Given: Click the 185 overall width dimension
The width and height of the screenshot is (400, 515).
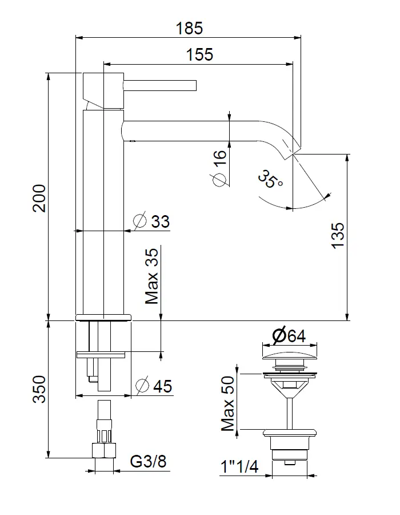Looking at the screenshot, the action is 189,28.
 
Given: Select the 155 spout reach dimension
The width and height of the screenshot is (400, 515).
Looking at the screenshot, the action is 199,54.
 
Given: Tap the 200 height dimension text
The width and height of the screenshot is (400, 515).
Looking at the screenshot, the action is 39,198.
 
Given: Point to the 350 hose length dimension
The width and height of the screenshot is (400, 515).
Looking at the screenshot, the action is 39,389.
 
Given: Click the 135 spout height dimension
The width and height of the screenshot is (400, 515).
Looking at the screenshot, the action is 338,236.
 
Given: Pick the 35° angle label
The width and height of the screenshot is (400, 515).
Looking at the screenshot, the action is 270,179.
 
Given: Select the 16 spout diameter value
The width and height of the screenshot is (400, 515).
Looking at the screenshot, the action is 219,159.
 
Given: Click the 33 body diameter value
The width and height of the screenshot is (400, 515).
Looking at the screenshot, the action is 160,221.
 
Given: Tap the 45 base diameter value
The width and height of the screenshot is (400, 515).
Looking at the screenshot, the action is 163,386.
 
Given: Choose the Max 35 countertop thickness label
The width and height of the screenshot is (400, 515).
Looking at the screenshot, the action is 152,276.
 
